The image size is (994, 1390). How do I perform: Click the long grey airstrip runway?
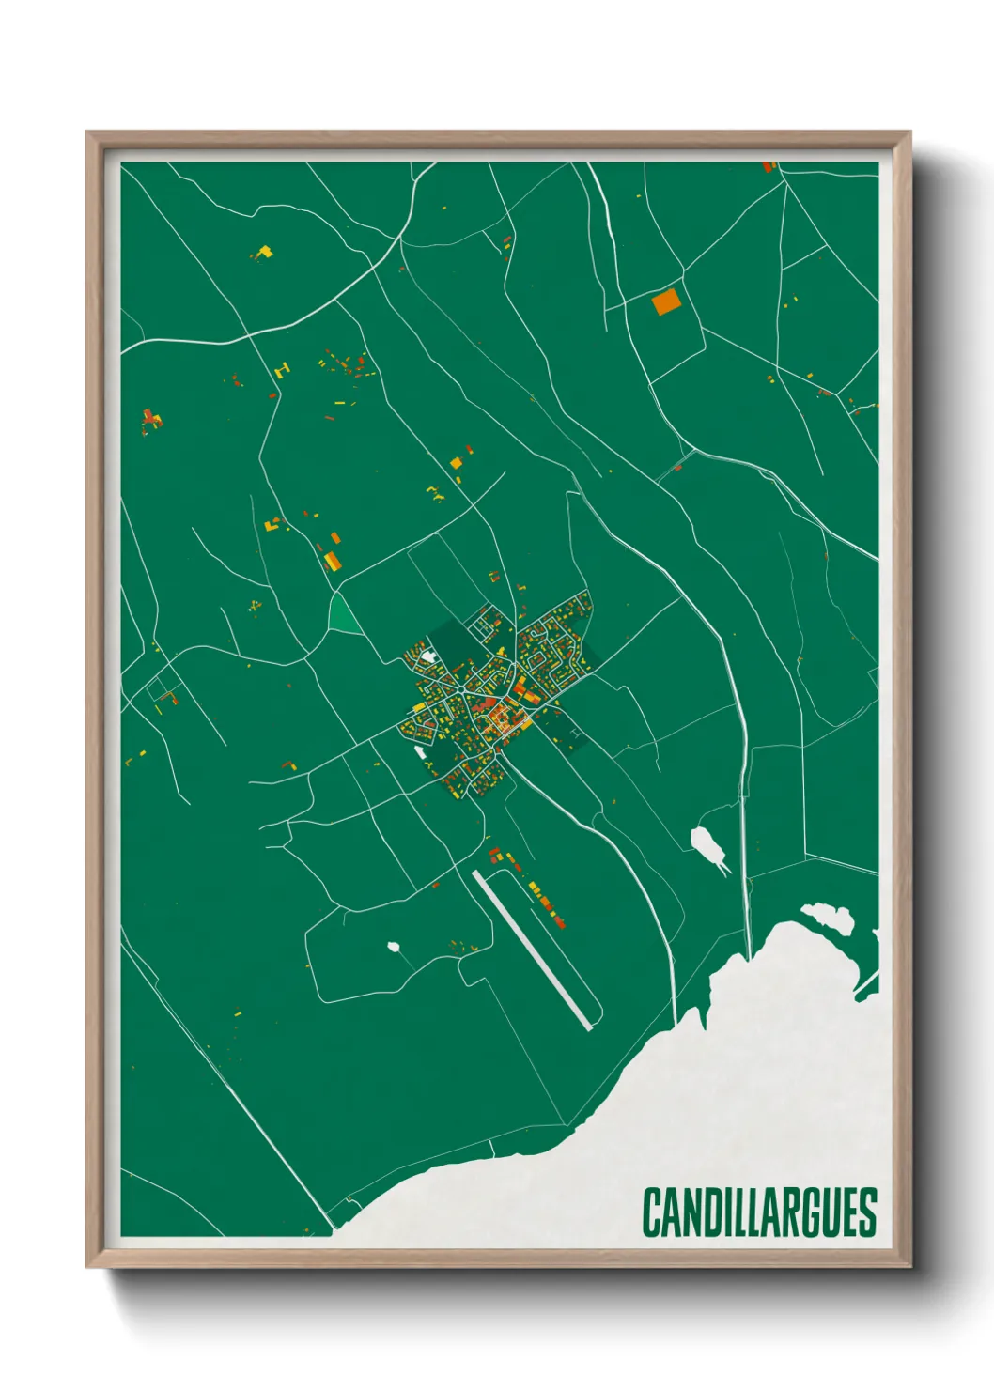click(533, 950)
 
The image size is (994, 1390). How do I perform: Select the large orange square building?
click(665, 301)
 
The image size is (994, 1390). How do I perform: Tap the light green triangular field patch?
click(343, 615)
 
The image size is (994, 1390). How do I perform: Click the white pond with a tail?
click(707, 844)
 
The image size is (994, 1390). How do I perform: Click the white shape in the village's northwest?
click(427, 656)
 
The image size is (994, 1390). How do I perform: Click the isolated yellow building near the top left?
click(264, 252)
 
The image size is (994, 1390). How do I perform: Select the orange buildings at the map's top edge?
click(769, 167)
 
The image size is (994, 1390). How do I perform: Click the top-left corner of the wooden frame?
click(88, 133)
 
